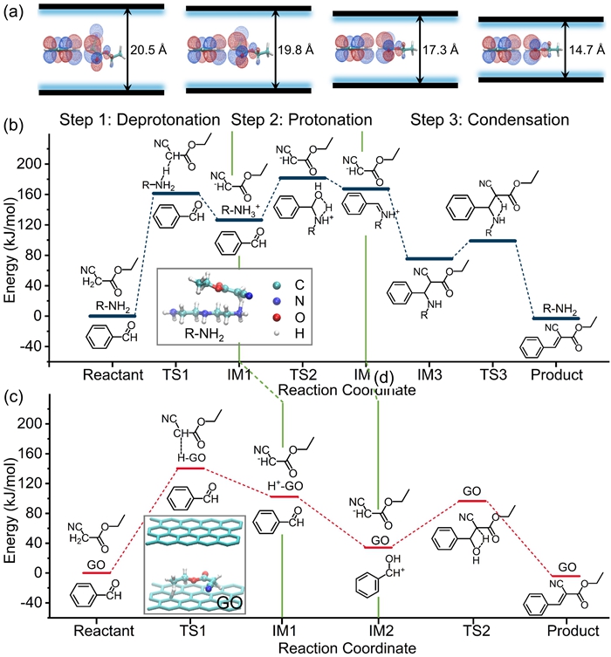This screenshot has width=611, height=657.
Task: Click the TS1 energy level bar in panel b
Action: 176,193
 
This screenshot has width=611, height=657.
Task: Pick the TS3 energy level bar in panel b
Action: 493,241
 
